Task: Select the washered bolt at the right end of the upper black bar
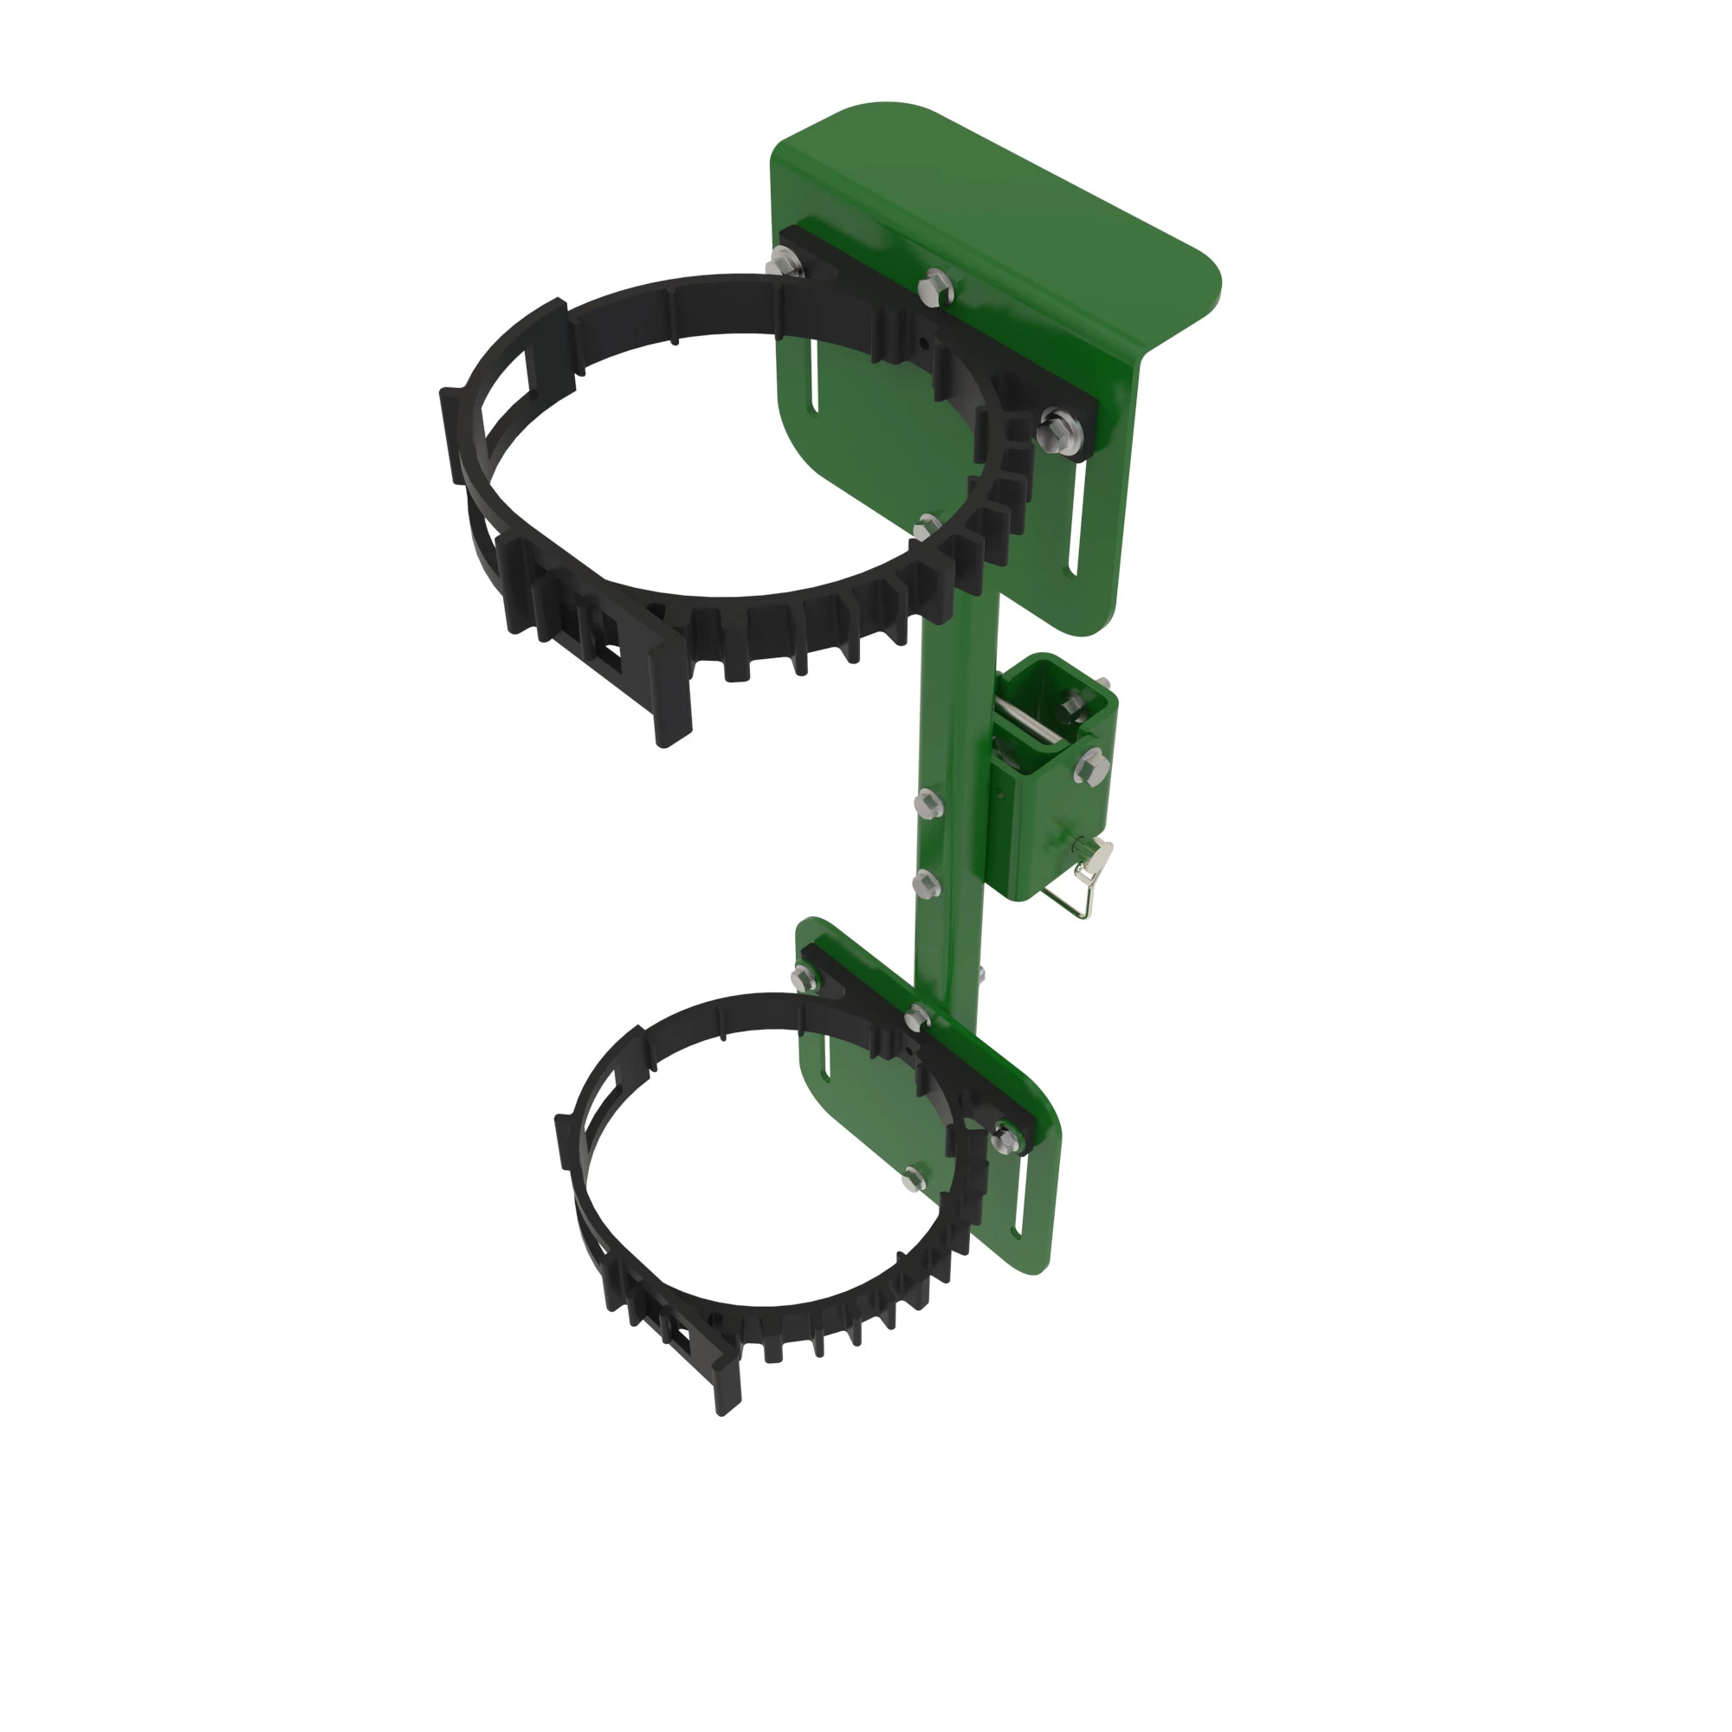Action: pyautogui.click(x=1059, y=430)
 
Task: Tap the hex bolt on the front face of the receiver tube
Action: pyautogui.click(x=1091, y=765)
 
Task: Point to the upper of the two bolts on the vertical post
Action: pyautogui.click(x=927, y=803)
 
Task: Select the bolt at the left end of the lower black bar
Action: pyautogui.click(x=804, y=976)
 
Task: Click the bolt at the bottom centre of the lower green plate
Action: pyautogui.click(x=913, y=1178)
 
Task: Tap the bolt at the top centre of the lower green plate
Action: pyautogui.click(x=916, y=1017)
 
